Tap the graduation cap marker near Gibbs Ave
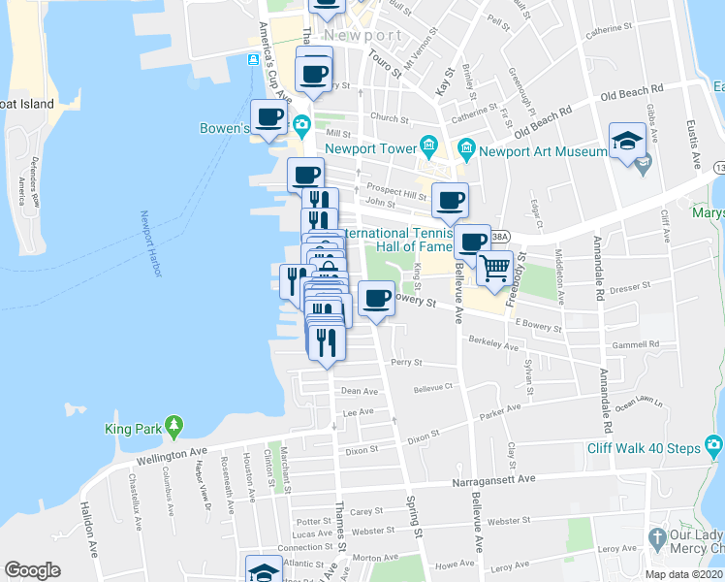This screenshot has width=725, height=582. pyautogui.click(x=628, y=142)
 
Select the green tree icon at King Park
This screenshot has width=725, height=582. pyautogui.click(x=173, y=425)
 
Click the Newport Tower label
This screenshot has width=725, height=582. pyautogui.click(x=369, y=148)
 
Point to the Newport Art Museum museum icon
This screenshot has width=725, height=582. pyautogui.click(x=466, y=148)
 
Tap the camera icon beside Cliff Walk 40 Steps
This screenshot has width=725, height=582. pyautogui.click(x=714, y=446)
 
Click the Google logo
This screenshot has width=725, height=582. pyautogui.click(x=32, y=569)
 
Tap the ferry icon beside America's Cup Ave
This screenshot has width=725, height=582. pyautogui.click(x=253, y=59)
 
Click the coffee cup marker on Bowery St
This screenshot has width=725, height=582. pyautogui.click(x=376, y=299)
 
